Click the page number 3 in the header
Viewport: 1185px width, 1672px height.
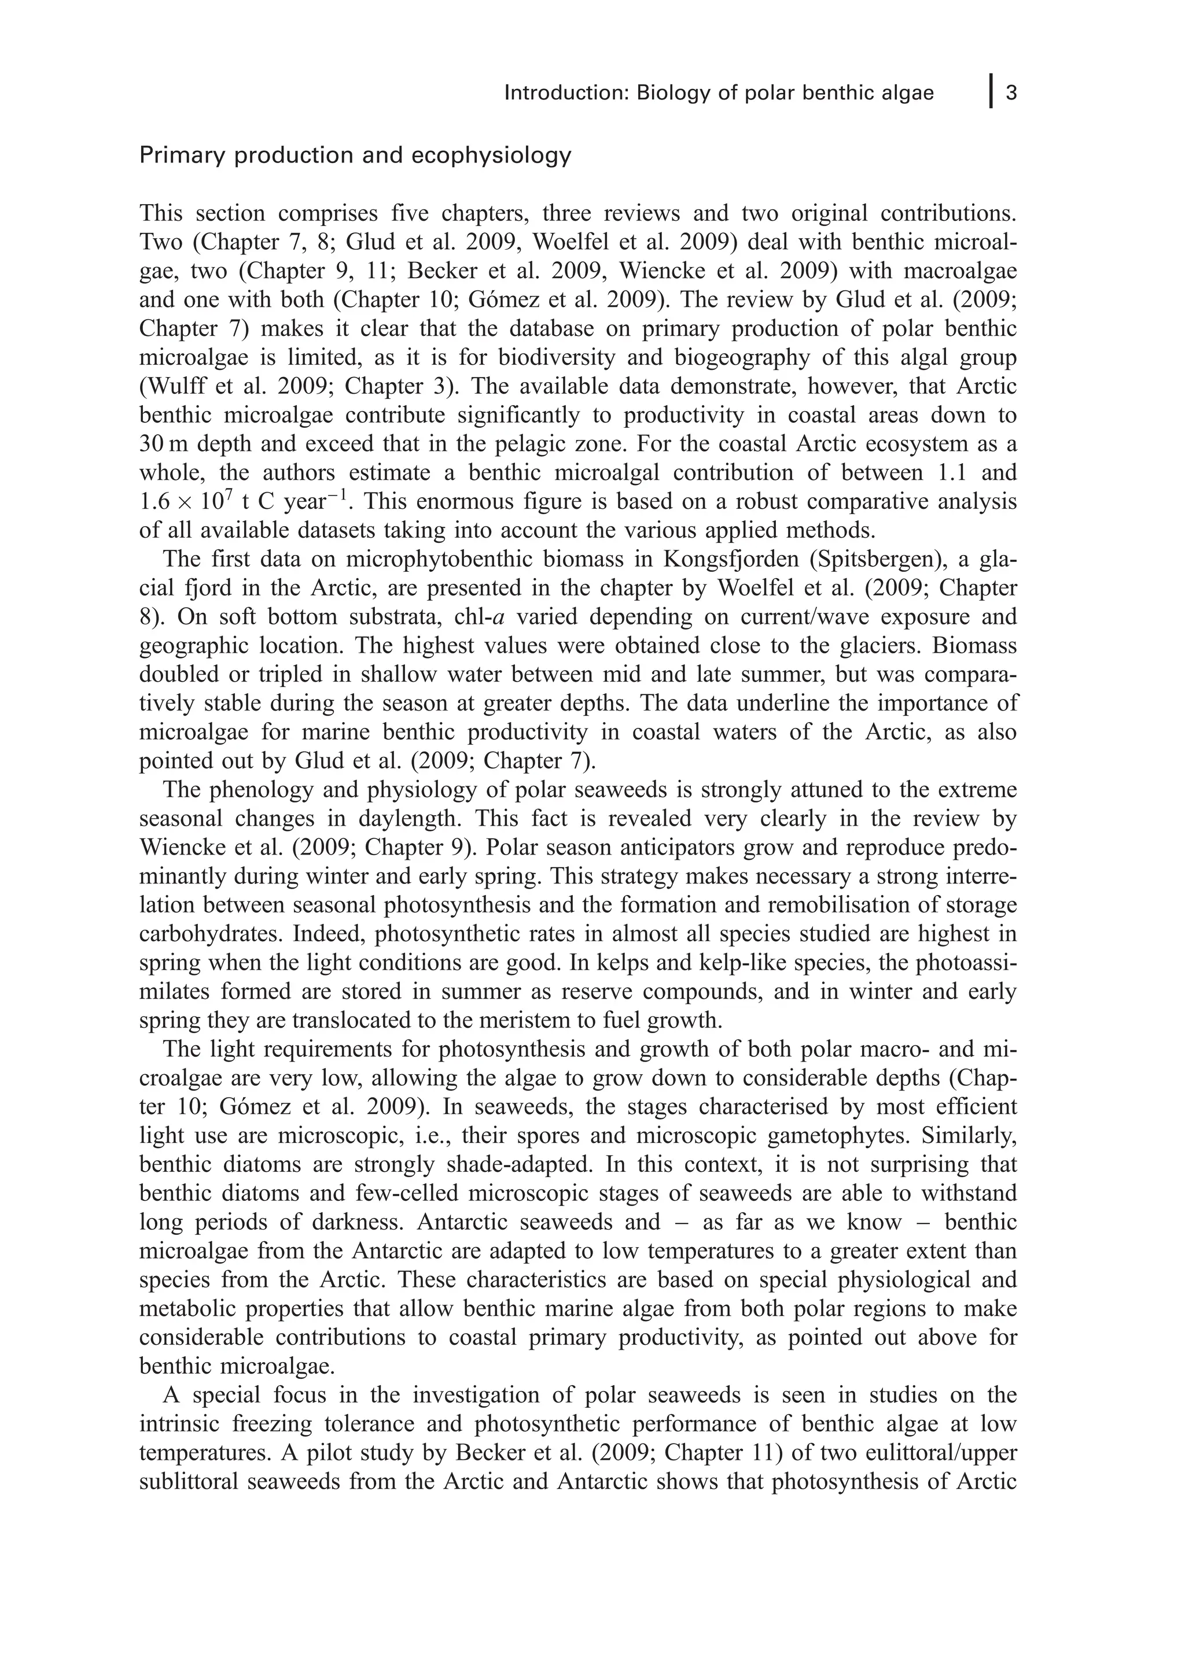pyautogui.click(x=1011, y=93)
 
